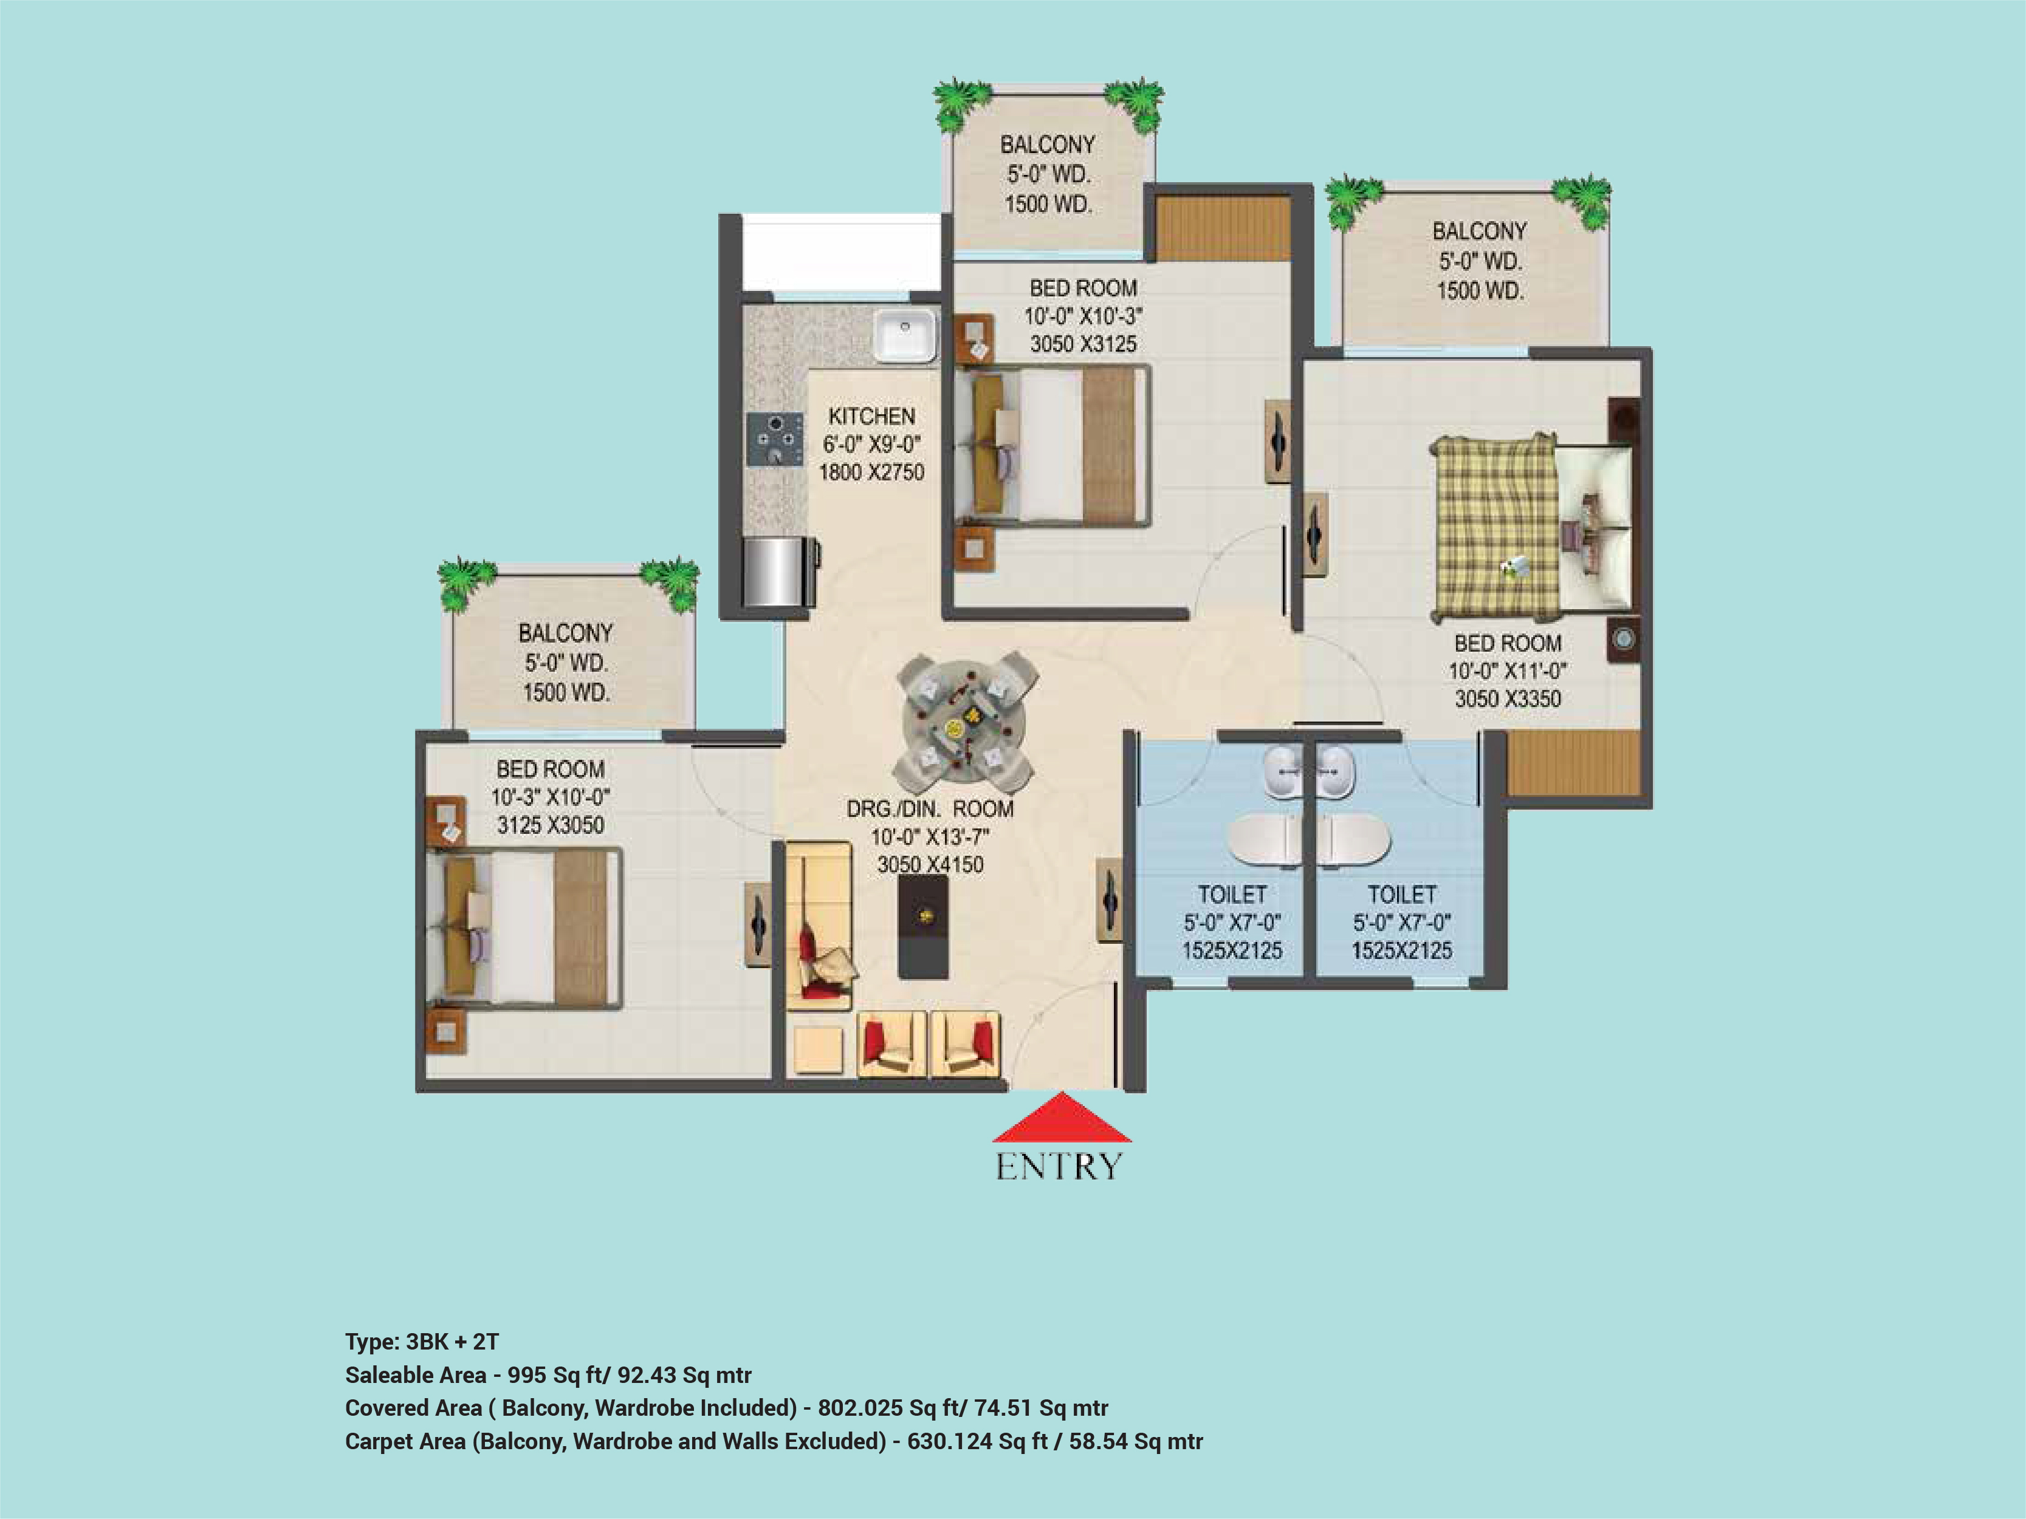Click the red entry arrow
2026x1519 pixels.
1062,1118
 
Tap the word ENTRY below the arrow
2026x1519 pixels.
1059,1167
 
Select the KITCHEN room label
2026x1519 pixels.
871,417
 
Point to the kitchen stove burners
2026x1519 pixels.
775,440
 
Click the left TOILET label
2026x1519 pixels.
1232,895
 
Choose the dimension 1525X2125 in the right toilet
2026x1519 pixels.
1401,951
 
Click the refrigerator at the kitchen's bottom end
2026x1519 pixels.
778,572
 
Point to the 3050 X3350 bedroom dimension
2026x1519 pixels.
1508,698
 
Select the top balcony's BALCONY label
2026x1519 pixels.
1048,145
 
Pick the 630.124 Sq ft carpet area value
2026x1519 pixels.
977,1441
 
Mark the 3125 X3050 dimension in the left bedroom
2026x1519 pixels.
551,825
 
